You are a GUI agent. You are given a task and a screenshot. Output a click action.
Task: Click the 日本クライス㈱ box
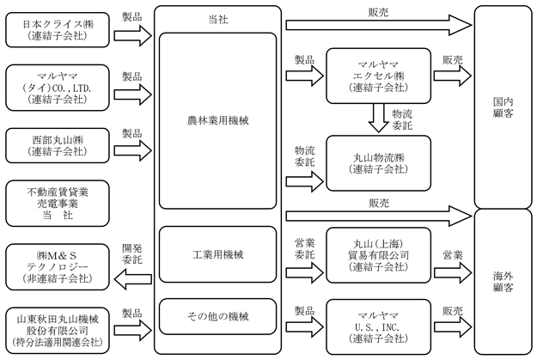click(x=58, y=30)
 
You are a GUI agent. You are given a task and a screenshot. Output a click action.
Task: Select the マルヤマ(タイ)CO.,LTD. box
click(x=58, y=88)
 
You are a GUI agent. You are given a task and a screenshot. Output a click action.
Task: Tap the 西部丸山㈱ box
click(x=58, y=145)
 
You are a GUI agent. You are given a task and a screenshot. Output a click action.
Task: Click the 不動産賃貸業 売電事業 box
click(x=58, y=204)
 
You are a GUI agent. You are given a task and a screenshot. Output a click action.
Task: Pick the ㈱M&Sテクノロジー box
click(x=58, y=267)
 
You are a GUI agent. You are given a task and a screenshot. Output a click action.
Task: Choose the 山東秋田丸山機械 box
click(x=58, y=331)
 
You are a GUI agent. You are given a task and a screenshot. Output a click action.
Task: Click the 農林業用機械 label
click(x=218, y=120)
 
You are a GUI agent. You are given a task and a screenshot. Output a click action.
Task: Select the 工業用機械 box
click(x=218, y=254)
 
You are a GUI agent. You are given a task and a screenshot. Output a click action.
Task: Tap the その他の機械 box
click(x=218, y=316)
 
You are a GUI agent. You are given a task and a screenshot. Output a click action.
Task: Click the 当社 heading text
click(x=218, y=20)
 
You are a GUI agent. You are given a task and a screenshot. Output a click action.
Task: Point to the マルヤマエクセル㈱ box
click(x=378, y=76)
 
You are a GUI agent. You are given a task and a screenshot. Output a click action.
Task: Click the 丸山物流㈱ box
click(x=378, y=163)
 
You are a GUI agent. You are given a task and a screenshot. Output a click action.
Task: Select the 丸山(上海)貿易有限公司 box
click(x=378, y=255)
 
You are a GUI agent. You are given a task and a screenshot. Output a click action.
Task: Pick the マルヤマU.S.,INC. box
click(x=378, y=327)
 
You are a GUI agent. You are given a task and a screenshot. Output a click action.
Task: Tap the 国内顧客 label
click(x=503, y=107)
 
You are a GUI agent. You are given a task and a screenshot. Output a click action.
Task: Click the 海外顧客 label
click(x=503, y=282)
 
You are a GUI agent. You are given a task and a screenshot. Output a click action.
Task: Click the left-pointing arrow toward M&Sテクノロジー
click(x=133, y=279)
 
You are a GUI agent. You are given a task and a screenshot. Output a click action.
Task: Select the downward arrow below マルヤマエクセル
click(x=378, y=118)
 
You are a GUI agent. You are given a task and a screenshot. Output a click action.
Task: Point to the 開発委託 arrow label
click(x=132, y=253)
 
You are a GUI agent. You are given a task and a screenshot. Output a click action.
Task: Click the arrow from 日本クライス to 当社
click(x=133, y=35)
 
